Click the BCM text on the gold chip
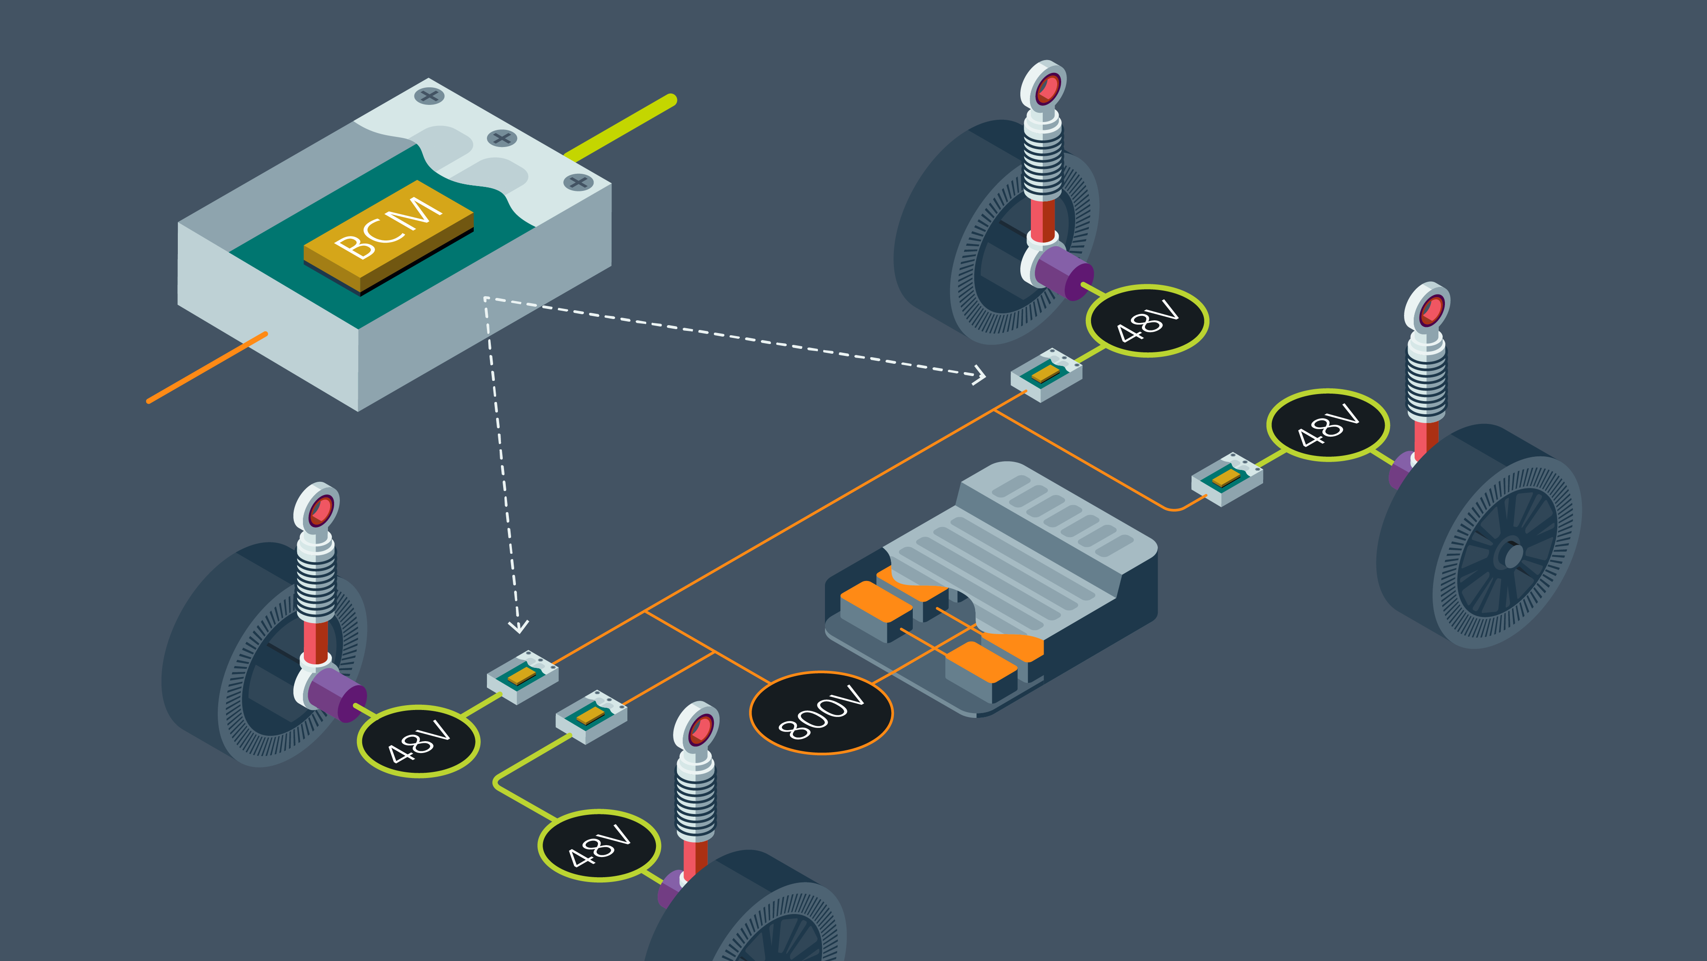tap(388, 227)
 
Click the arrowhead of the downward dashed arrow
tap(518, 625)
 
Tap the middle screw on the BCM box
tap(502, 138)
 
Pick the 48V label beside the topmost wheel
tap(1147, 321)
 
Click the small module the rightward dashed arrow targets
tap(1046, 375)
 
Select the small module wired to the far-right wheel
tap(1227, 479)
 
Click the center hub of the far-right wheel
tap(1513, 555)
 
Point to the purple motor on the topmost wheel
tap(1062, 272)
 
